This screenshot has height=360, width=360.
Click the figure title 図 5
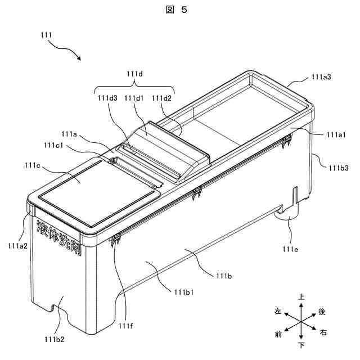pyautogui.click(x=179, y=10)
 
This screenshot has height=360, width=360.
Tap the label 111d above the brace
pyautogui.click(x=134, y=73)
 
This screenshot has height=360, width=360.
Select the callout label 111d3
pyautogui.click(x=107, y=98)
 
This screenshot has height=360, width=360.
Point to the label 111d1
pyautogui.click(x=134, y=98)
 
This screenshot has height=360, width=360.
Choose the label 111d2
pyautogui.click(x=162, y=98)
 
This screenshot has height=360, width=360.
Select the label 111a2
pyautogui.click(x=19, y=245)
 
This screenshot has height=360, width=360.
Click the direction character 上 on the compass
pyautogui.click(x=301, y=296)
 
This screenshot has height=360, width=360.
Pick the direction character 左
pyautogui.click(x=278, y=311)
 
